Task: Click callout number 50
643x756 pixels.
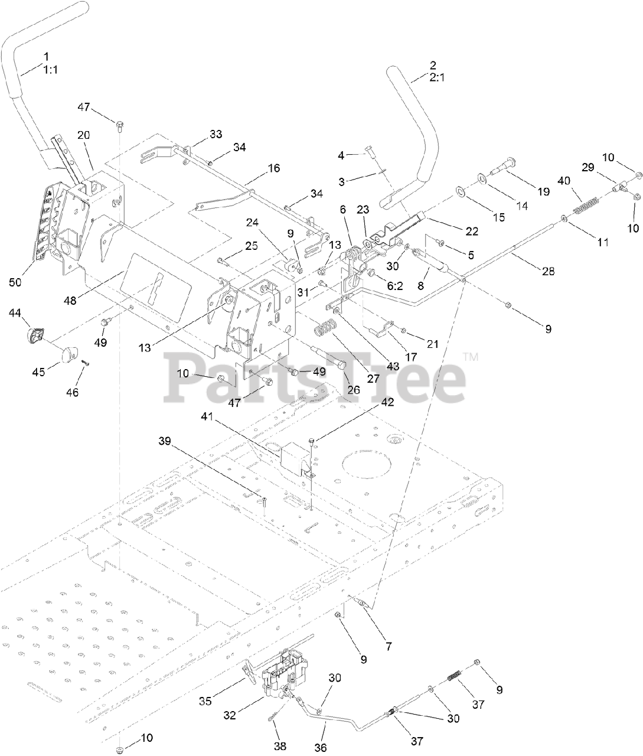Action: (15, 282)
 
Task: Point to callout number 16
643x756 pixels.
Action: (273, 168)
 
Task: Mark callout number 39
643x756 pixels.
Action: (165, 441)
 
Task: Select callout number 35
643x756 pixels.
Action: (204, 702)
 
